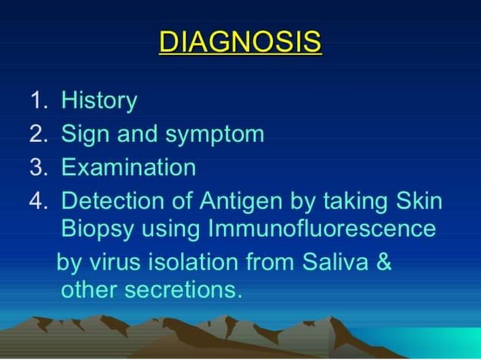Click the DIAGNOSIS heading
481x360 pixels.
(240, 41)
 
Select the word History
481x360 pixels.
(99, 101)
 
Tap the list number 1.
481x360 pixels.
(38, 101)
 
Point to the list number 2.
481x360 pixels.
(38, 134)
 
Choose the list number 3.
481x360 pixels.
(38, 167)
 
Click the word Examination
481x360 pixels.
(128, 167)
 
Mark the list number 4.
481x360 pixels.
(38, 201)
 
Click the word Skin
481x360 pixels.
(418, 201)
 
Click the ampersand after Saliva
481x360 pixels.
(383, 263)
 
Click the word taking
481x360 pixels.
(353, 202)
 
